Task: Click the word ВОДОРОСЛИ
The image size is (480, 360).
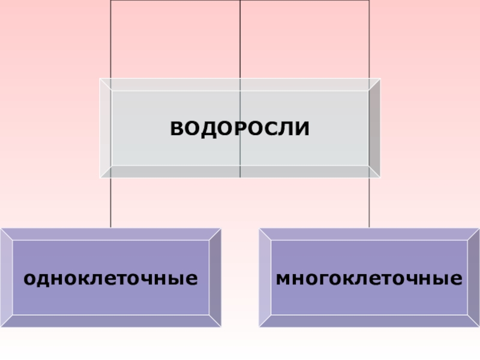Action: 240,128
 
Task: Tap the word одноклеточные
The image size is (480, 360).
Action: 111,278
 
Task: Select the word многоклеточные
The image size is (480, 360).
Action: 369,278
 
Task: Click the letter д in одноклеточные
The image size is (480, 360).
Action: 41,280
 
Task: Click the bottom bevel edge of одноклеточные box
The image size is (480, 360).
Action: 111,322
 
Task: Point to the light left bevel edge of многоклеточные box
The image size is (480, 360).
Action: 265,278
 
